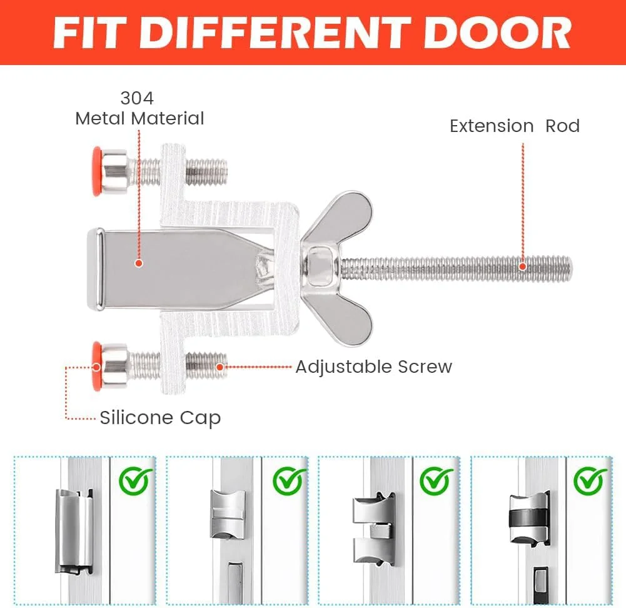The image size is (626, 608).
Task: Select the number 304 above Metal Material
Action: pos(137,98)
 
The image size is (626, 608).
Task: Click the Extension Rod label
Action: pos(515,126)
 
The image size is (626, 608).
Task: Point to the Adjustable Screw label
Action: pos(374,367)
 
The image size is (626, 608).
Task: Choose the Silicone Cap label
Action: pos(160,418)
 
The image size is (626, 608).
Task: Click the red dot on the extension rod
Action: pos(523,266)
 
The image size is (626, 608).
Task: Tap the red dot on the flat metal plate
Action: pos(139,263)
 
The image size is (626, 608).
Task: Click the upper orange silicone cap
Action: pos(97,171)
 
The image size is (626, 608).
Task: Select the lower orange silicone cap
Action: pos(96,366)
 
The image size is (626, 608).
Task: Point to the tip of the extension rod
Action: pos(572,269)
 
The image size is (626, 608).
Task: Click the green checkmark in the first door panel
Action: pos(136,480)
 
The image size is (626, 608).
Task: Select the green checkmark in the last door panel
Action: pos(590,480)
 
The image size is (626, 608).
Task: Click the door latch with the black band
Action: pos(529,519)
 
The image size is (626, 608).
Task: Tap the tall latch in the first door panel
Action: pos(74,531)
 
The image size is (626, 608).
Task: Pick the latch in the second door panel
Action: pos(228,515)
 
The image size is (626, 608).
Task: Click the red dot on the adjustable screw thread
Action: pos(220,367)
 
